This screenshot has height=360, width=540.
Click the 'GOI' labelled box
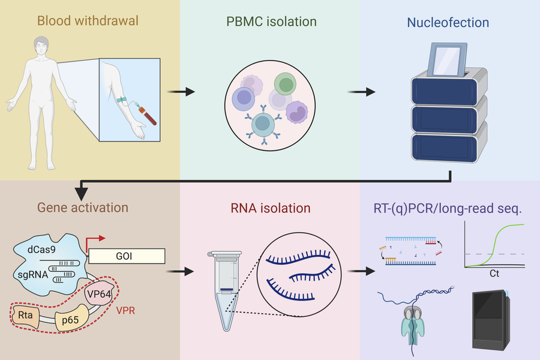coord(126,256)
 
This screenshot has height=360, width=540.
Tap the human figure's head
coord(41,45)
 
